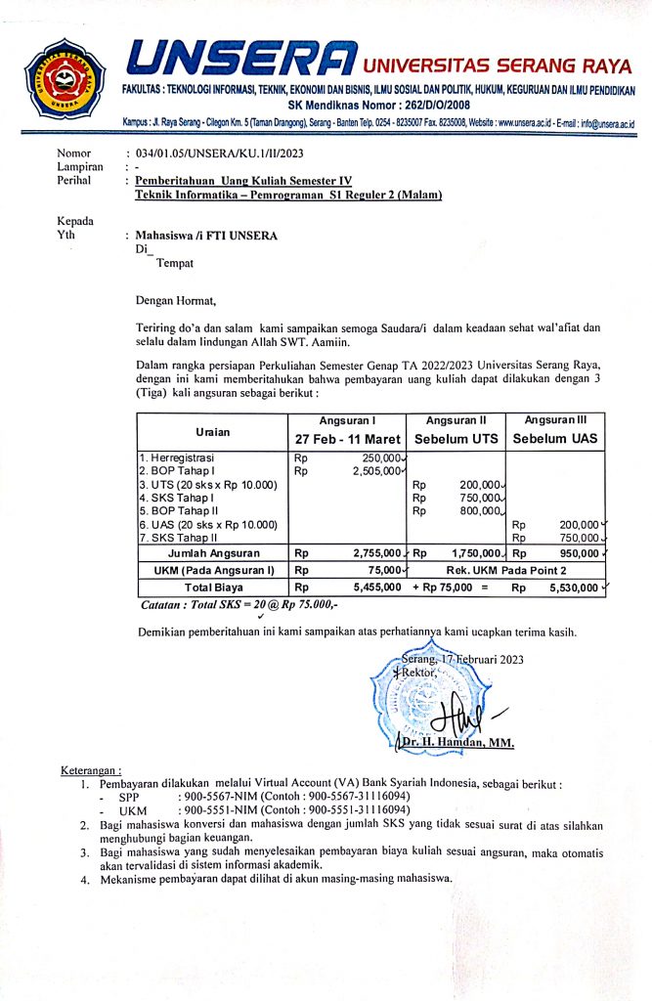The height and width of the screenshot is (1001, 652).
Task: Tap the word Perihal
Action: coord(74,182)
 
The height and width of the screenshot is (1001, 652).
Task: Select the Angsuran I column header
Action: coord(348,419)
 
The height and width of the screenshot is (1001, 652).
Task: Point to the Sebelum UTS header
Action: coord(456,439)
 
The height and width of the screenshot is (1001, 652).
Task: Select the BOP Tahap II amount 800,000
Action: coord(481,510)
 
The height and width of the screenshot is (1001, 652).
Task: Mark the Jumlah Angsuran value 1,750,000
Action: coord(477,553)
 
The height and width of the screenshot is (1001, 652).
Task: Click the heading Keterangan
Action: coord(91,769)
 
